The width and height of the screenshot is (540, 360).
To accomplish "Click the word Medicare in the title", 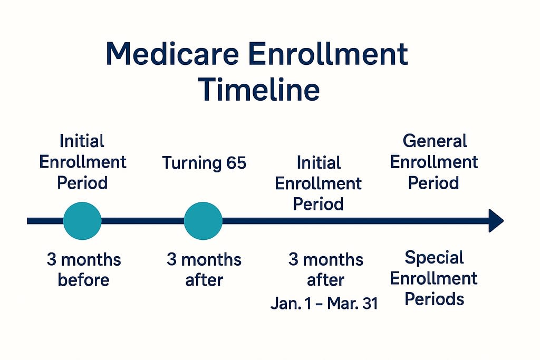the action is tap(172, 54).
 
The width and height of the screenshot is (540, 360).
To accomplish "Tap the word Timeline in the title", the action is tap(259, 90).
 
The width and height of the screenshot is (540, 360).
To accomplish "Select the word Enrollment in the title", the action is tap(328, 54).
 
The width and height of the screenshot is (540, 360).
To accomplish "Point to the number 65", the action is tap(236, 162).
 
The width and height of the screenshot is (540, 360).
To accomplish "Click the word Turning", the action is tap(191, 163).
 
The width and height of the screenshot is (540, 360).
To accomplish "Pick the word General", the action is tap(435, 141).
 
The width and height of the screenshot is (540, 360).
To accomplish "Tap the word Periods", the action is tap(434, 299).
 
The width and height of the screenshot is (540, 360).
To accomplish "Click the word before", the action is tap(83, 280).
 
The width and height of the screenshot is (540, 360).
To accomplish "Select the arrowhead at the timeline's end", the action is tap(496, 221).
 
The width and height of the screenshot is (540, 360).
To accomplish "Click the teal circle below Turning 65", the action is tap(203, 221).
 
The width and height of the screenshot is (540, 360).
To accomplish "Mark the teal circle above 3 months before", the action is tap(82, 221).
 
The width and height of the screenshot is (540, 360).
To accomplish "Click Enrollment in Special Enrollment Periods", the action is tap(433, 278).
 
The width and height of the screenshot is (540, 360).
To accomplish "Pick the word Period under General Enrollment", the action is tap(433, 183).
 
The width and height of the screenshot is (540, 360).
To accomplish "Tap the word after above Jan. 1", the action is tap(325, 280).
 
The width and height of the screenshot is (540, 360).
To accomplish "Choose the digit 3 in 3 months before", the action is tap(51, 259).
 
